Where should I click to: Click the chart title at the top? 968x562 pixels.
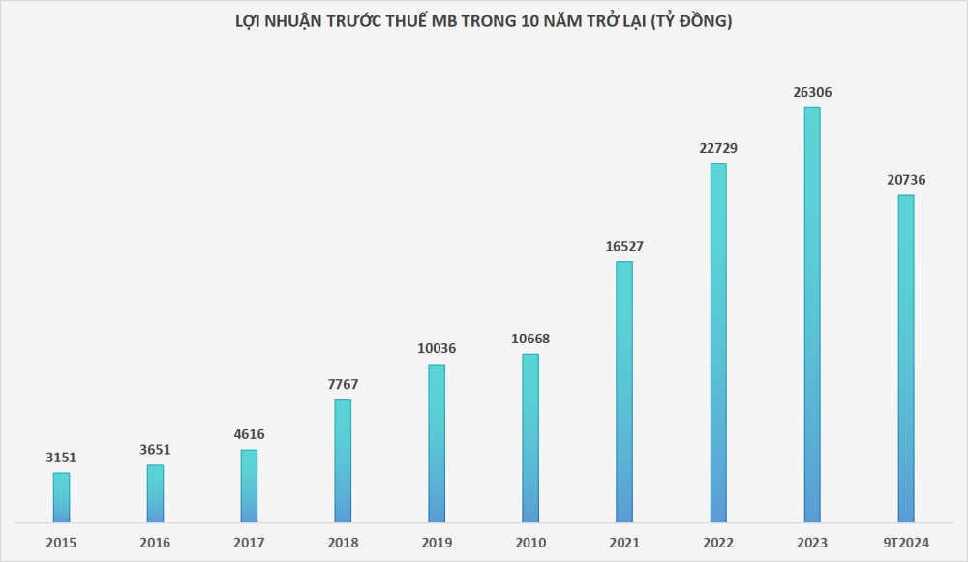tap(483, 21)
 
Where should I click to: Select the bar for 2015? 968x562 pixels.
tap(61, 498)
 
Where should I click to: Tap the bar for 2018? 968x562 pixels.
tap(343, 461)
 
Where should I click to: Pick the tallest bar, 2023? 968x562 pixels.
tap(812, 315)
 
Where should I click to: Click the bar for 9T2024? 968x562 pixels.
tap(906, 359)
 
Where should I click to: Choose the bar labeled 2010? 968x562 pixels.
tap(530, 438)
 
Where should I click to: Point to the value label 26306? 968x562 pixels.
tap(812, 93)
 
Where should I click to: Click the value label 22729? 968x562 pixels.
tap(718, 148)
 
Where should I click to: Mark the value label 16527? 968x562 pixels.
tap(624, 246)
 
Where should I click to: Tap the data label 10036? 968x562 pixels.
tap(437, 348)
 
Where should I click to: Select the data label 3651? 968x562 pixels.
tap(155, 450)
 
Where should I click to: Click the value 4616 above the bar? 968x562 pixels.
tap(249, 434)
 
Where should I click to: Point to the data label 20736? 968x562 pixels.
tap(906, 180)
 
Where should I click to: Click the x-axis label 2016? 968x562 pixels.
tap(155, 543)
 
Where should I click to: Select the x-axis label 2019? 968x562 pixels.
tap(437, 543)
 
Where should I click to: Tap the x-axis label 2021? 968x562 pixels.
tap(624, 543)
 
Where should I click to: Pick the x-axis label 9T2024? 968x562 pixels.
tap(906, 543)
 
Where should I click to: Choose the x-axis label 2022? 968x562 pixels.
tap(718, 543)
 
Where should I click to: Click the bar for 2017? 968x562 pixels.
tap(249, 487)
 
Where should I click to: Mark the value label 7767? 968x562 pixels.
tap(343, 384)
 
